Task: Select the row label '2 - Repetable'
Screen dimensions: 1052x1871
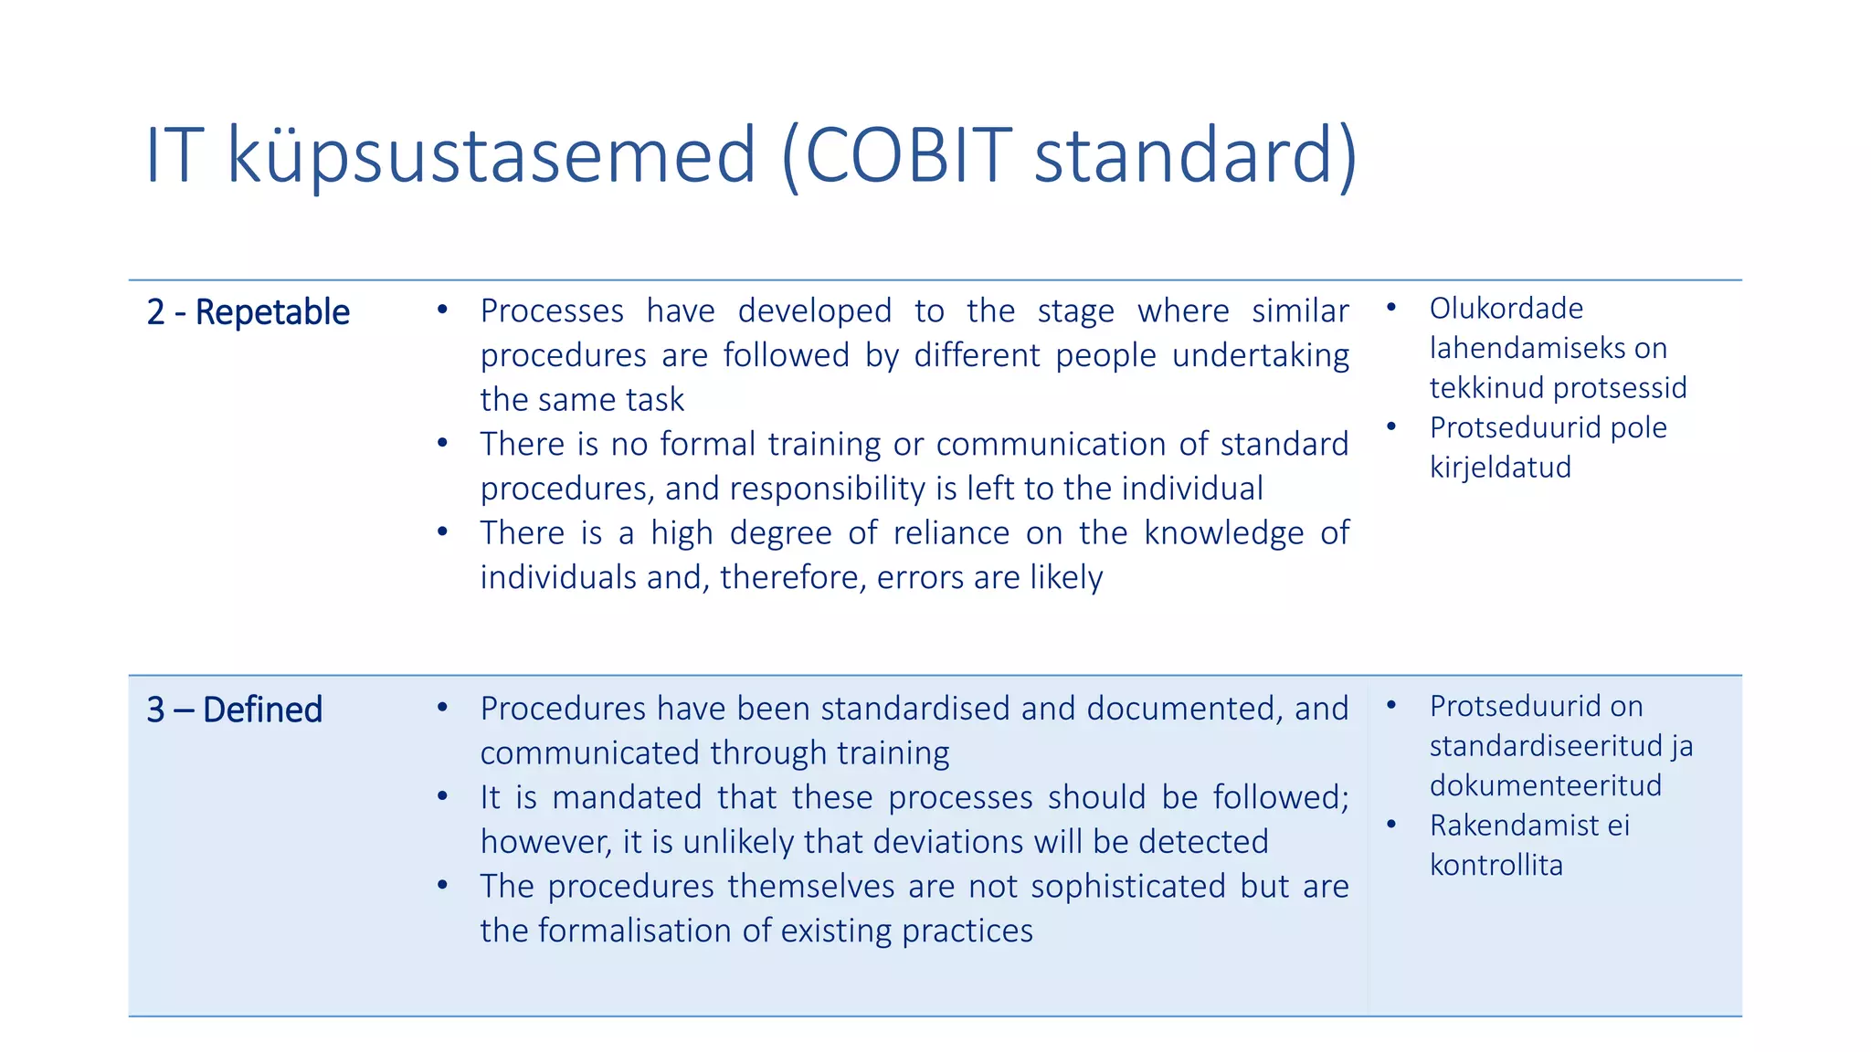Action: (248, 312)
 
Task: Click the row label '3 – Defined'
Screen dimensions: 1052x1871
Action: (235, 710)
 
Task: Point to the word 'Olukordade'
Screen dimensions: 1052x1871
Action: (1506, 309)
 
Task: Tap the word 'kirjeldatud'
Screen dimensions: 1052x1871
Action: (1500, 468)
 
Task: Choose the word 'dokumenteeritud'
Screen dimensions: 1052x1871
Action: (1545, 785)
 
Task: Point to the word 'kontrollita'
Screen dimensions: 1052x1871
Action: (1496, 865)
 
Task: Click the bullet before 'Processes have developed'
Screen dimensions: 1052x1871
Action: (442, 310)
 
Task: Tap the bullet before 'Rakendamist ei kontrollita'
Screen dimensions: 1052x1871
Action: (1391, 826)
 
